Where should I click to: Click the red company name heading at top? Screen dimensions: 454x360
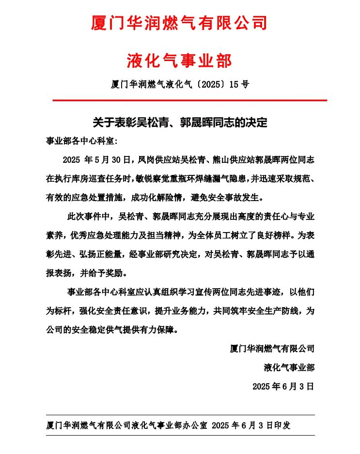point(179,23)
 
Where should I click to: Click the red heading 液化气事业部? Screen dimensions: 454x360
point(179,61)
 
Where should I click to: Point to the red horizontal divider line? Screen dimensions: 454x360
point(189,100)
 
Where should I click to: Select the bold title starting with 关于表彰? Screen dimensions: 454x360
point(180,122)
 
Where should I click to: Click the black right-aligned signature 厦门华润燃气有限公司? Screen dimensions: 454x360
point(272,348)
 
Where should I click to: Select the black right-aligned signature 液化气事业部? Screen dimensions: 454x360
point(289,367)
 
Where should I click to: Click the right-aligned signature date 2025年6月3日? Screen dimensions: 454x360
point(283,386)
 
